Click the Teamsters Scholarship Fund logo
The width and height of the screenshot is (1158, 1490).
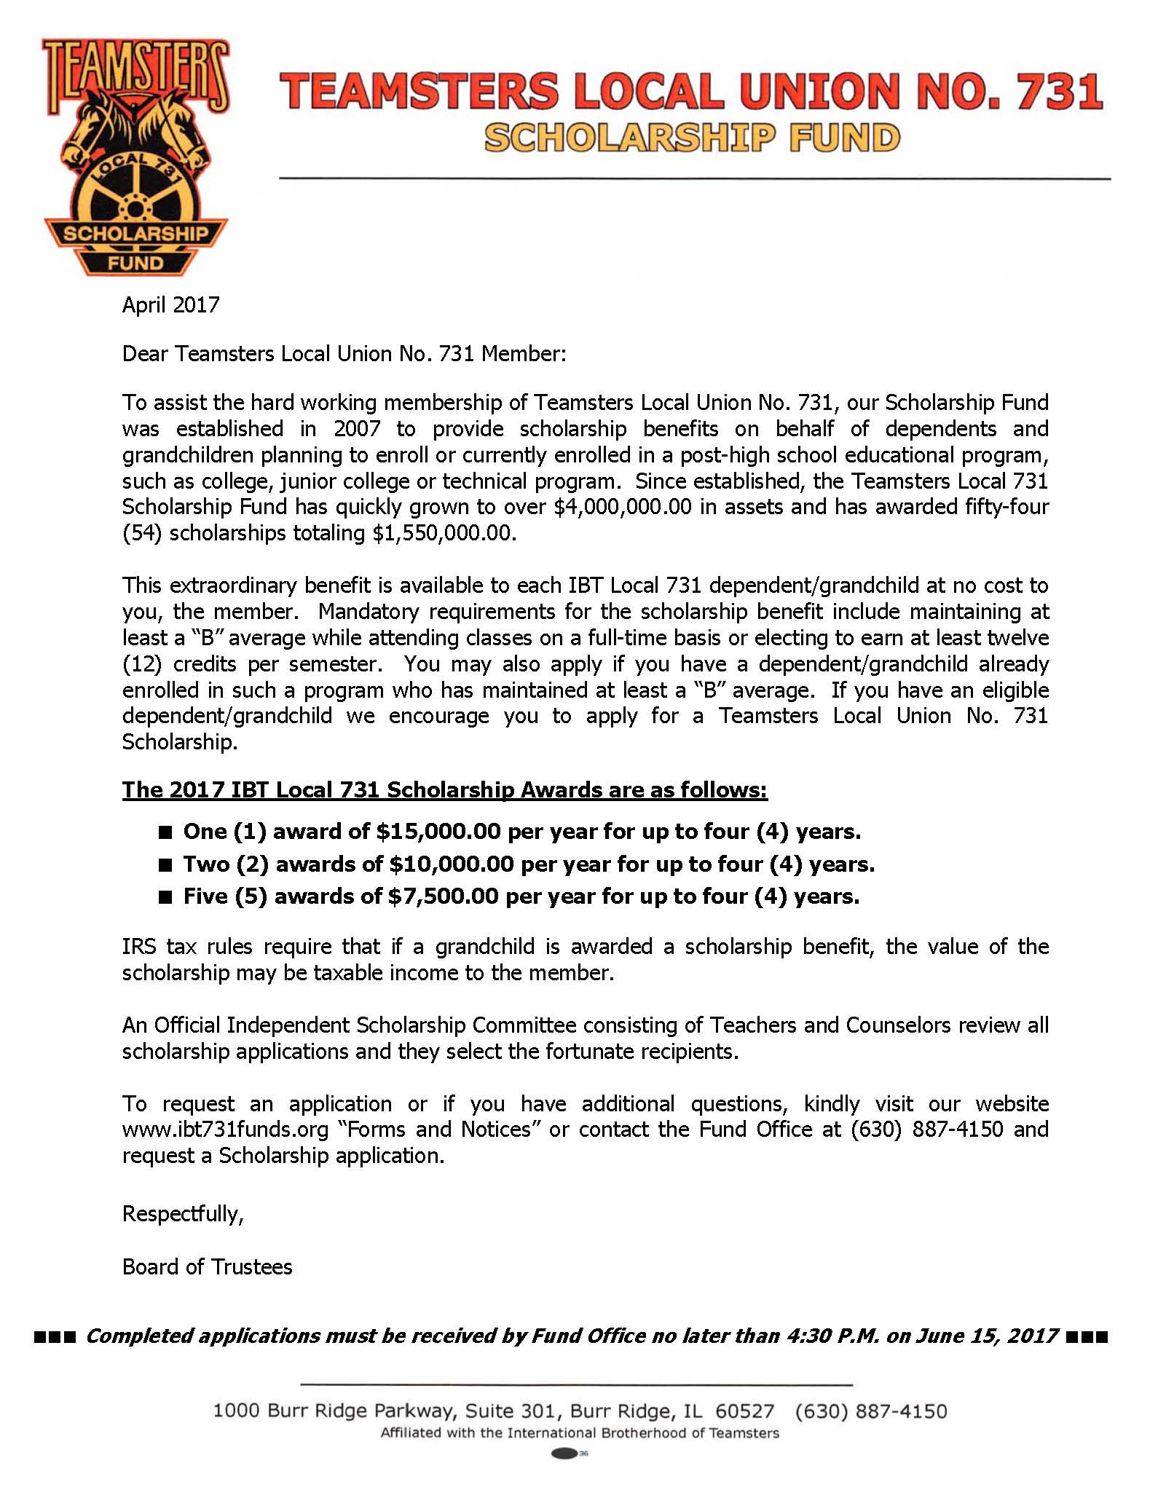pyautogui.click(x=135, y=157)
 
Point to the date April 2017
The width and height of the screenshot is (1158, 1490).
pyautogui.click(x=170, y=304)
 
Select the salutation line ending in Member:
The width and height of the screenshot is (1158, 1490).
pyautogui.click(x=343, y=354)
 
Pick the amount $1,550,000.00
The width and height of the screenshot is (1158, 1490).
pyautogui.click(x=443, y=533)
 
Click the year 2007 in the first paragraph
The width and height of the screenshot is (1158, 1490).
pyautogui.click(x=357, y=428)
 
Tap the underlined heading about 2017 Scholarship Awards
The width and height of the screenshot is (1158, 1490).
pyautogui.click(x=444, y=790)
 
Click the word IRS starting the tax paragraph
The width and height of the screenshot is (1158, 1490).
pyautogui.click(x=138, y=947)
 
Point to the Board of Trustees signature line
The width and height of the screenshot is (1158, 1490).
pyautogui.click(x=207, y=1267)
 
